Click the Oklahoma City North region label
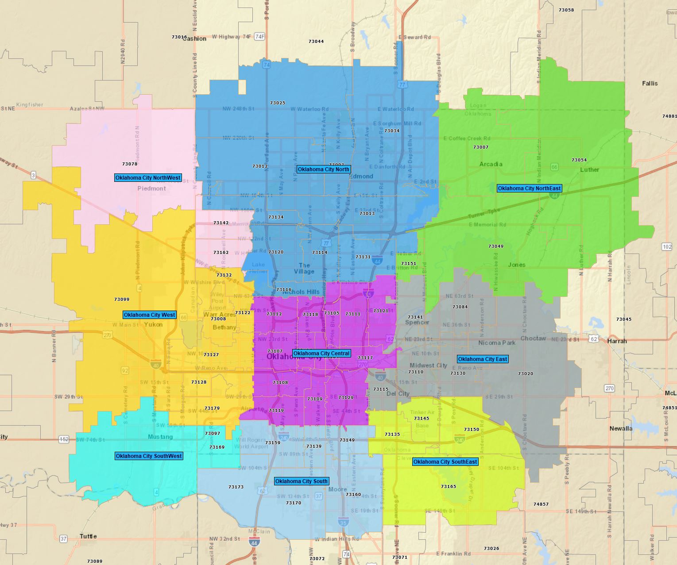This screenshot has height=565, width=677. [324, 169]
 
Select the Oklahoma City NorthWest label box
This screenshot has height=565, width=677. [148, 178]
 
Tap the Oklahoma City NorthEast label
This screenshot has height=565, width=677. [529, 188]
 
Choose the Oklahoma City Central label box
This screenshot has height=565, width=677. [321, 354]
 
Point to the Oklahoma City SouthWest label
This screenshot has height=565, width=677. [149, 456]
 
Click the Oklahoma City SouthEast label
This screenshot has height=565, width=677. [445, 462]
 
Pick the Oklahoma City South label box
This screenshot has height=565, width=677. [302, 481]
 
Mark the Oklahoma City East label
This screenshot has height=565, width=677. [483, 359]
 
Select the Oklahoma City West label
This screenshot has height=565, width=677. [150, 315]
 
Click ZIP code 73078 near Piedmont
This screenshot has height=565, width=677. [130, 164]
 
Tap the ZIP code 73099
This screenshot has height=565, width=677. [122, 300]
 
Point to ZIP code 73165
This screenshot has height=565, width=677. [449, 487]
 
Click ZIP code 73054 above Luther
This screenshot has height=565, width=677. [579, 160]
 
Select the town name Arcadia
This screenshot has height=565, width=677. [491, 164]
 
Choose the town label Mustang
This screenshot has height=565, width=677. [160, 437]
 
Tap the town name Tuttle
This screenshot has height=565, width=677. [88, 536]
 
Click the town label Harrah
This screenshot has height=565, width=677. [617, 341]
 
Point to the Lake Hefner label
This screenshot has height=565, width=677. [258, 268]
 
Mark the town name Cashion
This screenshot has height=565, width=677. [194, 38]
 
